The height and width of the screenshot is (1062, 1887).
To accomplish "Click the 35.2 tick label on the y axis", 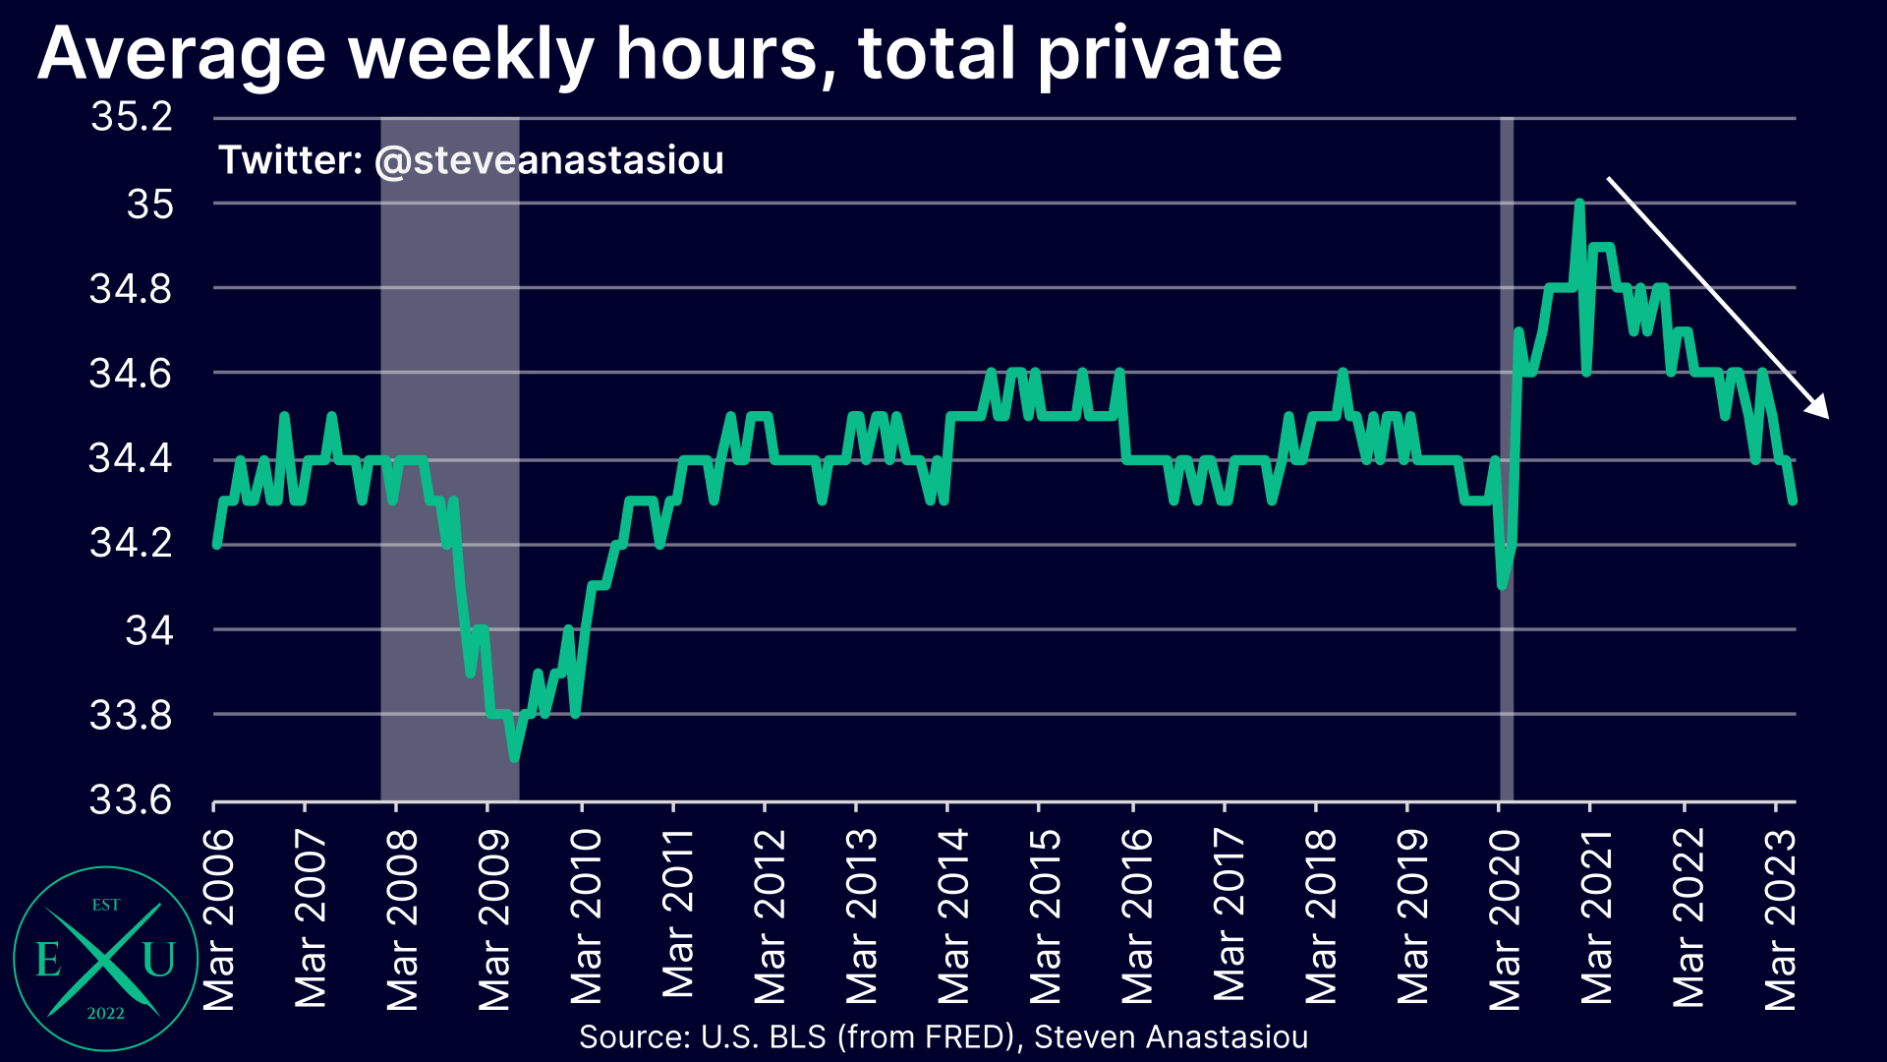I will point(132,117).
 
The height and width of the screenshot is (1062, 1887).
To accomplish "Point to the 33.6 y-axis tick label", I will point(131,800).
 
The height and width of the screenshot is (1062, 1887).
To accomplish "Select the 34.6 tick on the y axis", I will point(131,374).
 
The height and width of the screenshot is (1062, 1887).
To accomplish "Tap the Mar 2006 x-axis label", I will point(219,919).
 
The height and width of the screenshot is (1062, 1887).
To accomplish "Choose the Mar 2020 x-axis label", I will point(1505,919).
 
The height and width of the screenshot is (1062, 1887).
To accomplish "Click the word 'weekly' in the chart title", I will point(471,53).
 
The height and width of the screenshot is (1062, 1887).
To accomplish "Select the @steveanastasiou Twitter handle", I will point(548,160).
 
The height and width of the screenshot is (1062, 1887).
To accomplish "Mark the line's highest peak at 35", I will point(1578,204).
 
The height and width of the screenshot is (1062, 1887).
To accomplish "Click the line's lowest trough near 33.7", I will point(513,757).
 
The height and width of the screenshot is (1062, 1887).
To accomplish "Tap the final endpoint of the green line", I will point(1794,501).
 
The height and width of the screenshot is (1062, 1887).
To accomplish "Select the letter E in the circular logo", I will point(48,959).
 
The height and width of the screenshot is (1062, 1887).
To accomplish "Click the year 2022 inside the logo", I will point(105,1013).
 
